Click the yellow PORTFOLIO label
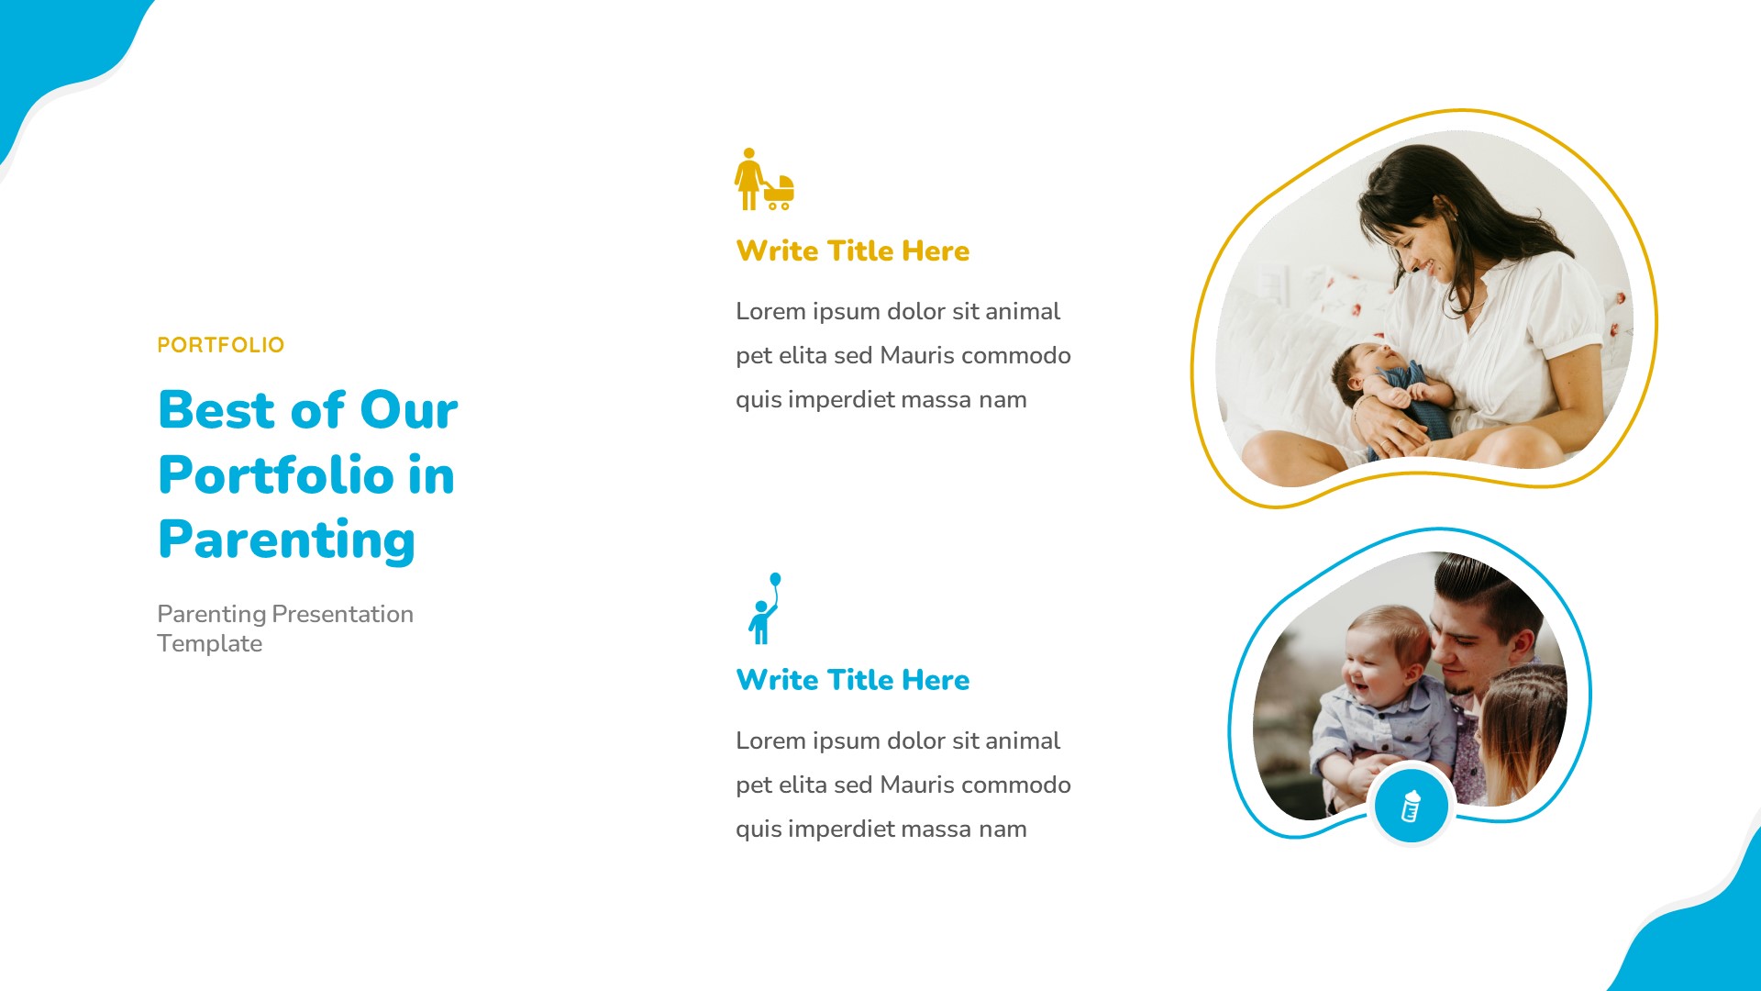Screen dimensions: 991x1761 coord(220,345)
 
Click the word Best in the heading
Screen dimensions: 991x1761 coord(216,409)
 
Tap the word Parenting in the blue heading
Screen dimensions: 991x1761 coord(286,540)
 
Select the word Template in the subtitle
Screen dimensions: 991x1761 coord(209,643)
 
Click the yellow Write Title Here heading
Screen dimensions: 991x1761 coord(852,251)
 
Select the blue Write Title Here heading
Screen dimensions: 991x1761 coord(852,680)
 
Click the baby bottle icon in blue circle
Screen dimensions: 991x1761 coord(1411,806)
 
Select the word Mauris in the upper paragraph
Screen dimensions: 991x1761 coord(916,355)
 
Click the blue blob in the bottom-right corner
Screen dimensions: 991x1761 coord(1706,936)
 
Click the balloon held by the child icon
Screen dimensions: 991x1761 coord(775,579)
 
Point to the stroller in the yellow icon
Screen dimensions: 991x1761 coord(781,191)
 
